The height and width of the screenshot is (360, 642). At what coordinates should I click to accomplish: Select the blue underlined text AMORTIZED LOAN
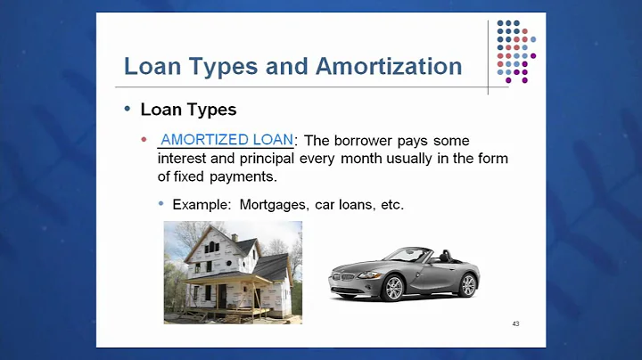[226, 140]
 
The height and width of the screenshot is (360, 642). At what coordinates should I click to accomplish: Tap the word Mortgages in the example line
[276, 204]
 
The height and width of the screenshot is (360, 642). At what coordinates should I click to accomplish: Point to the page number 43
[515, 323]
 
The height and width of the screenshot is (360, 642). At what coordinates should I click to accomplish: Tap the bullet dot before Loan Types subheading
[127, 110]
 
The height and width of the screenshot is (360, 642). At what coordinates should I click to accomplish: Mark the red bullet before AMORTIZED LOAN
[144, 141]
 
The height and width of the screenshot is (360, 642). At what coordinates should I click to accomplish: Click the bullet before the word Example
[161, 204]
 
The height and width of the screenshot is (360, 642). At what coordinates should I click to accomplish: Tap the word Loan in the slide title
[152, 67]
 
